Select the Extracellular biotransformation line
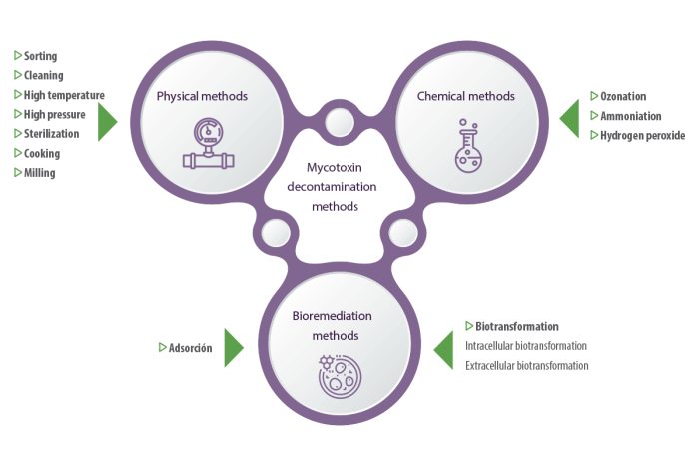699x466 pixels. click(x=527, y=366)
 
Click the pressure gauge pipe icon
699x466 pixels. click(x=208, y=143)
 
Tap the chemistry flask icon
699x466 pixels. click(x=468, y=146)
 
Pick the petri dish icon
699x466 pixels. click(x=340, y=376)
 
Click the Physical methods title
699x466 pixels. click(x=202, y=96)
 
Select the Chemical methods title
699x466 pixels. click(x=466, y=96)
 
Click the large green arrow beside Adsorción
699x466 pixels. click(x=233, y=348)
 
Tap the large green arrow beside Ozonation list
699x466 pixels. click(x=570, y=119)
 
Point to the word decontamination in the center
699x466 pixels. click(x=332, y=187)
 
